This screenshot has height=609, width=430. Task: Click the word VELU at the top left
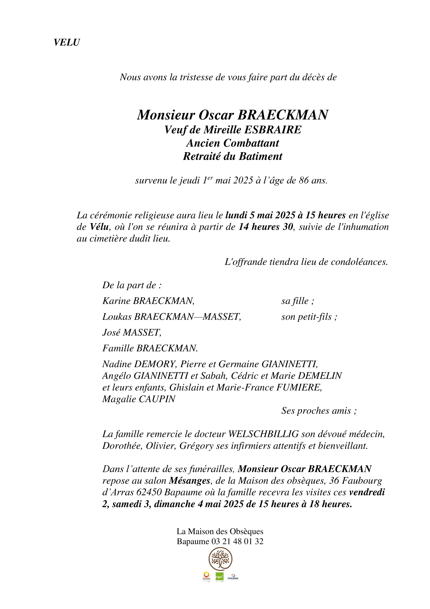pyautogui.click(x=66, y=42)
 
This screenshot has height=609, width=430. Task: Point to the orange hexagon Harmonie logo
pyautogui.click(x=206, y=575)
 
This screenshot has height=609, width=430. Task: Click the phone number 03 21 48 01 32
pyautogui.click(x=237, y=541)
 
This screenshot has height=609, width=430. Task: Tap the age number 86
pyautogui.click(x=304, y=180)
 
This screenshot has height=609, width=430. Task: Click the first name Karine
pyautogui.click(x=116, y=301)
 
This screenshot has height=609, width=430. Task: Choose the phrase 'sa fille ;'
pyautogui.click(x=297, y=301)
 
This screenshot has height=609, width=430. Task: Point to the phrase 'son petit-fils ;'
pyautogui.click(x=309, y=317)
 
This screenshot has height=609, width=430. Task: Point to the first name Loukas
pyautogui.click(x=117, y=317)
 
